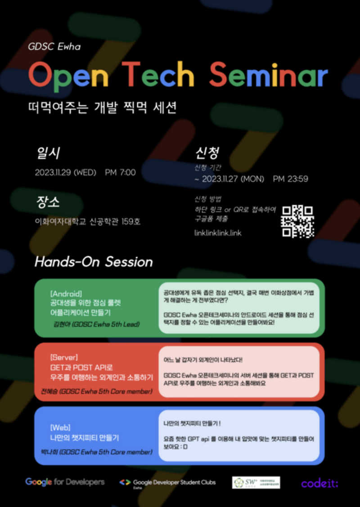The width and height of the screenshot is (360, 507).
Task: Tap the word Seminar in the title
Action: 268,75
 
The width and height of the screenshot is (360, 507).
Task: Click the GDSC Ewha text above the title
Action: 54,47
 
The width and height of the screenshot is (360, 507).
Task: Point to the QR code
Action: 297,221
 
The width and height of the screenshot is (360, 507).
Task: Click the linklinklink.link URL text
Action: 218,233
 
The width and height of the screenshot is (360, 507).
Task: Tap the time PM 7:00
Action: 120,173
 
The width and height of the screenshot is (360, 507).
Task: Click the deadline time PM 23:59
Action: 290,179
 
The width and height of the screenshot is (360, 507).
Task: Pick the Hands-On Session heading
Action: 94,262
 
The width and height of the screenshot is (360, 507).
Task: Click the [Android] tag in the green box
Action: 66,294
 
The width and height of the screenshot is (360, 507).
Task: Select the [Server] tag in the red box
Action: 64,358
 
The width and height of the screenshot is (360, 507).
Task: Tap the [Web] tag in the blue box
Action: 60,427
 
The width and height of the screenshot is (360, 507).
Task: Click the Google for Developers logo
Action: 65,482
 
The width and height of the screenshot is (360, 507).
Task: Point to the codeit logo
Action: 319,483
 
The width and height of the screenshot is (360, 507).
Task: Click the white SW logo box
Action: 256,482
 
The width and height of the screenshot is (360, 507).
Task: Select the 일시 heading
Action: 48,153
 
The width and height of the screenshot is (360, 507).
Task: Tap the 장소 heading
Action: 48,202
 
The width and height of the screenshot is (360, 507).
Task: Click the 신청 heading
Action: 207,153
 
